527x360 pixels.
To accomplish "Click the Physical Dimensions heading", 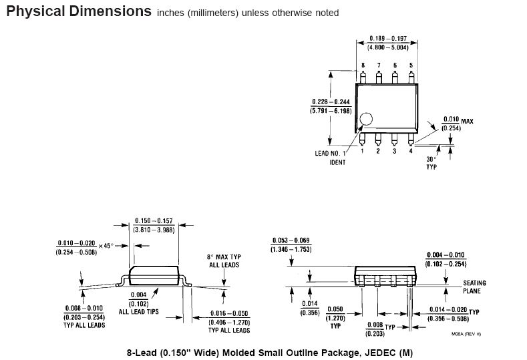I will pyautogui.click(x=78, y=11).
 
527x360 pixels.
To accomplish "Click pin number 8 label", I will pyautogui.click(x=363, y=65).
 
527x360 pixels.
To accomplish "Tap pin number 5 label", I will pyautogui.click(x=411, y=65).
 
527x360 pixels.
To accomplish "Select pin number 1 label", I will pyautogui.click(x=363, y=151).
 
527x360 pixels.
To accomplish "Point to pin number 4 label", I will pyautogui.click(x=411, y=151).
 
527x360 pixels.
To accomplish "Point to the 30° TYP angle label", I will pyautogui.click(x=431, y=163).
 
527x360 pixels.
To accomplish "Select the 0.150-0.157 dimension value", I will pyautogui.click(x=154, y=220).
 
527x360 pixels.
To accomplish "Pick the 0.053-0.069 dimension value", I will pyautogui.click(x=291, y=240).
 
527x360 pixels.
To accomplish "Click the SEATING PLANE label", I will pyautogui.click(x=474, y=287).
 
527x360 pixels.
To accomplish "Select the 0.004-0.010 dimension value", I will pyautogui.click(x=446, y=254).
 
